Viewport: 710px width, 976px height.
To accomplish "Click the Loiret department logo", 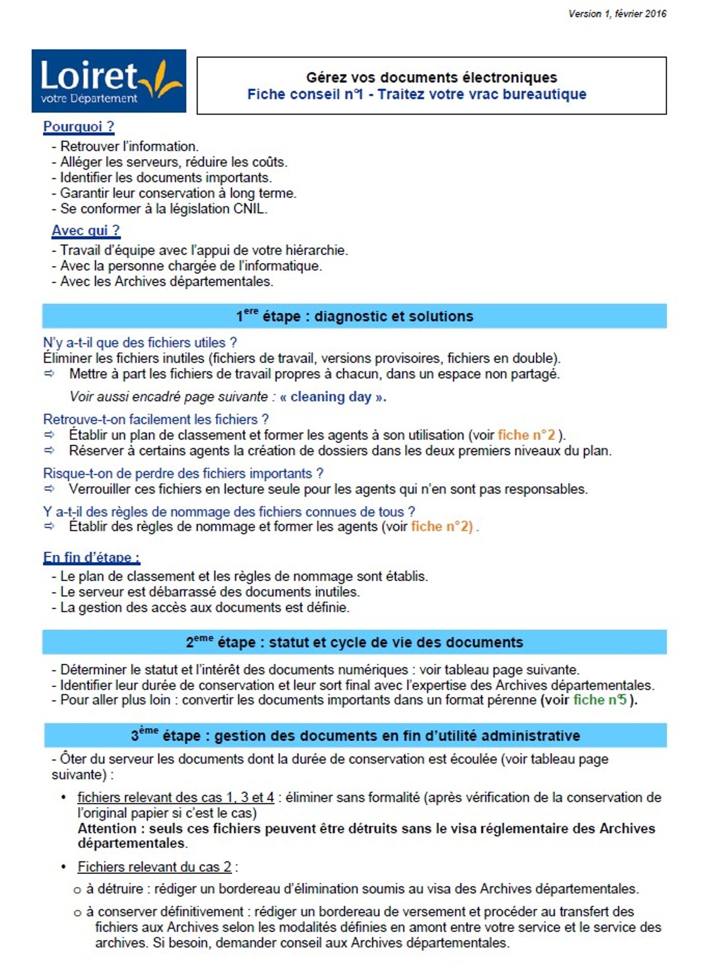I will point(109,81).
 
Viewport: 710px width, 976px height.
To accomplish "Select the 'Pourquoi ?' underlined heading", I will point(79,126).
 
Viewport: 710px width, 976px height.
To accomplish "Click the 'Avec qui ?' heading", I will point(86,230).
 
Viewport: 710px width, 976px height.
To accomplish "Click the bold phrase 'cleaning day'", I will point(331,397).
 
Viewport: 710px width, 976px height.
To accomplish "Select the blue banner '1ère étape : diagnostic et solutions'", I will point(354,316).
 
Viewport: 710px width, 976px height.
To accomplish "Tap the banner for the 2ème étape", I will point(354,642).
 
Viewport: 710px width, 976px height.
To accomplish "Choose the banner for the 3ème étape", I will point(355,735).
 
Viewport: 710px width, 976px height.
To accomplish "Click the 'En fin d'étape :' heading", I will point(92,557).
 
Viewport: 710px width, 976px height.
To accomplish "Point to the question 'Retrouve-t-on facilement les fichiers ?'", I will point(156,419).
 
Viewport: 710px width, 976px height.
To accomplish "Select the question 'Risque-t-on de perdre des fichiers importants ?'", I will point(183,473).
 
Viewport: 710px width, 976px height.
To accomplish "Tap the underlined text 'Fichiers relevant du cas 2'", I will point(155,867).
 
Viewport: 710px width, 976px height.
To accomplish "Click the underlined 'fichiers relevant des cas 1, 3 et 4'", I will point(176,797).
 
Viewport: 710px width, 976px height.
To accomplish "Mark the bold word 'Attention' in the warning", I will point(107,828).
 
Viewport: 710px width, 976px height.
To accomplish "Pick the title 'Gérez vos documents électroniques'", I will point(431,78).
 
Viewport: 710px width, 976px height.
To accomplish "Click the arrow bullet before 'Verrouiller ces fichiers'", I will point(49,488).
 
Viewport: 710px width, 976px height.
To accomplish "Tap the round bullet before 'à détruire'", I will point(77,890).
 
